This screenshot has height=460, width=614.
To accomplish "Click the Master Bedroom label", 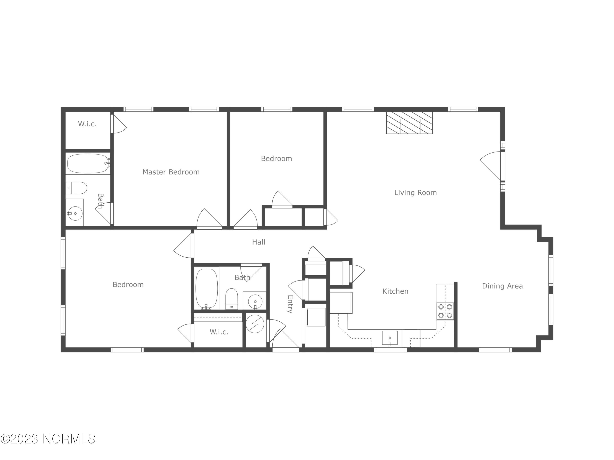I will pos(171,172).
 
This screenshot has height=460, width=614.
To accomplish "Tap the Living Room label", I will pos(415,193).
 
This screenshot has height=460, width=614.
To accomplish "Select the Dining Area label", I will pos(502,286).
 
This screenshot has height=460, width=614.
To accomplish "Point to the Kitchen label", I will pos(395,291).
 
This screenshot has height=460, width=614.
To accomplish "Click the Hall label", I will pos(258,242).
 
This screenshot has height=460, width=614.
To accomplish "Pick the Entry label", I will pos(290,304).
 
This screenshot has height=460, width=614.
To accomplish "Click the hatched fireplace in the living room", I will pos(409,123).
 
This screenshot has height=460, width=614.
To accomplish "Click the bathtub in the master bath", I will pos(88,164).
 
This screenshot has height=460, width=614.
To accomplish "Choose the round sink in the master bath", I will pos(75,213).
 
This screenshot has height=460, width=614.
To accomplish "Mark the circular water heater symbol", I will pos(255,324).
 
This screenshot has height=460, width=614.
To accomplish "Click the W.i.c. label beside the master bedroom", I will pos(87,124).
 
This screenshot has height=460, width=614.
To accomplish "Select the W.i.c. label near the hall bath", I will pos(219,332).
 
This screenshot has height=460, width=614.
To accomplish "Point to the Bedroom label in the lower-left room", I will pos(128,285).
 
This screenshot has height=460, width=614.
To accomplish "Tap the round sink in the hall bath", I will pos(255,301).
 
